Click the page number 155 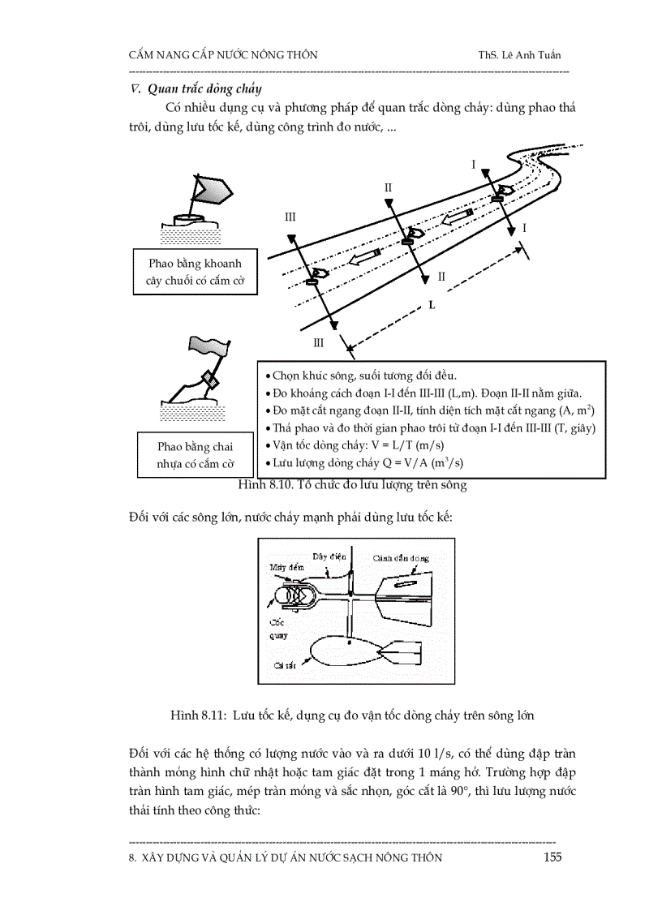(x=552, y=857)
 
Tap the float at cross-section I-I (x=502, y=193)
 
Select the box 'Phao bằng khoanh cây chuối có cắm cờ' (x=189, y=274)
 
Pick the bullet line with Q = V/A (x=374, y=463)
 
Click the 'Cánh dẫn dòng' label (x=401, y=558)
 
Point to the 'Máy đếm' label (x=285, y=567)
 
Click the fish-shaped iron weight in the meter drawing (x=345, y=648)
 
